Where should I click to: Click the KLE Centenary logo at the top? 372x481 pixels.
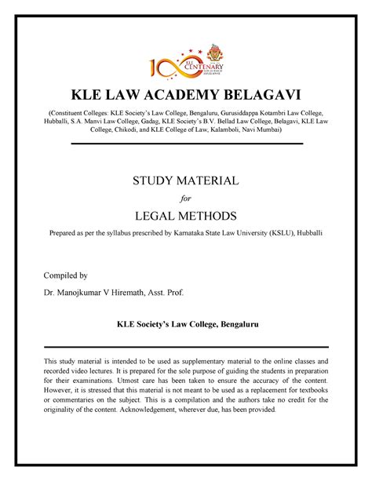186,67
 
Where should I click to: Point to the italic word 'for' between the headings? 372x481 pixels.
185,199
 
